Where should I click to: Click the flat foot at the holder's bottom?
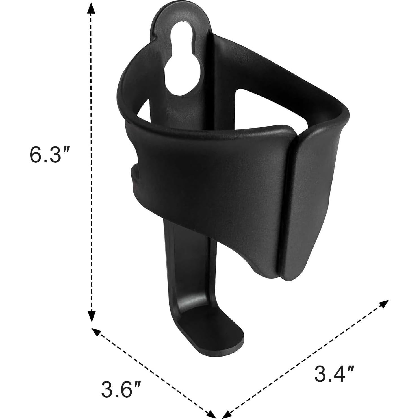[x=215, y=333]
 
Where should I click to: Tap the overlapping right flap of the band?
[x=311, y=203]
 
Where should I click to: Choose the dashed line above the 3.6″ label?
[x=153, y=373]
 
